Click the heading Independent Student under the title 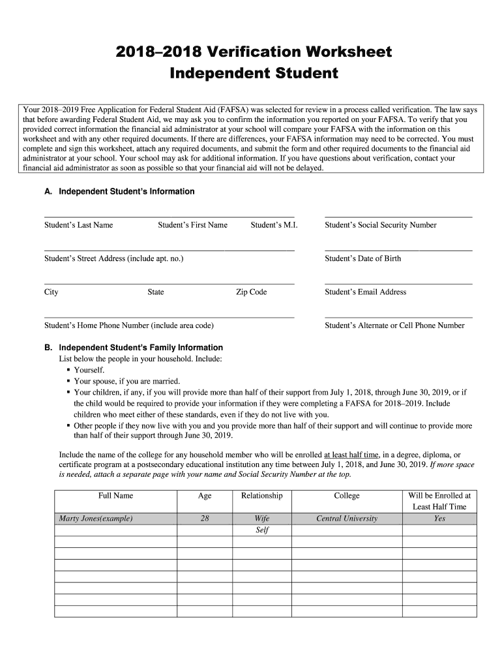[254, 73]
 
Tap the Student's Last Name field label [78, 225]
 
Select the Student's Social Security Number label [380, 225]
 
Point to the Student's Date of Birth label [362, 258]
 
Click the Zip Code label [251, 292]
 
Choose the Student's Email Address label [365, 292]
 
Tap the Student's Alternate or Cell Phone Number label [394, 325]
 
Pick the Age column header [205, 496]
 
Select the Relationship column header [261, 496]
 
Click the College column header [346, 496]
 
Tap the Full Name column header [115, 496]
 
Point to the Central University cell [346, 519]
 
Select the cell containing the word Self [262, 530]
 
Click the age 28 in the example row [205, 519]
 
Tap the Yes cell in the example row [439, 519]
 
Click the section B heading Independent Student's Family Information [141, 348]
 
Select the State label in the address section [156, 292]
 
